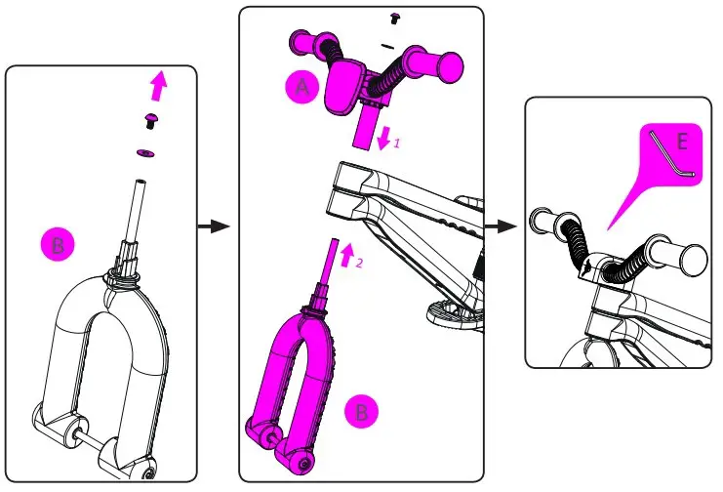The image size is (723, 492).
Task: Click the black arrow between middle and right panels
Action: click(501, 226)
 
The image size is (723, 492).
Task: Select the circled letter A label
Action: click(303, 88)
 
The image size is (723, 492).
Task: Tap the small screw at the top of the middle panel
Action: click(396, 18)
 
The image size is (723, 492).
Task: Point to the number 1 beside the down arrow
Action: click(396, 143)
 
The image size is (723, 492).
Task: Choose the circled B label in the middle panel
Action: click(362, 413)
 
